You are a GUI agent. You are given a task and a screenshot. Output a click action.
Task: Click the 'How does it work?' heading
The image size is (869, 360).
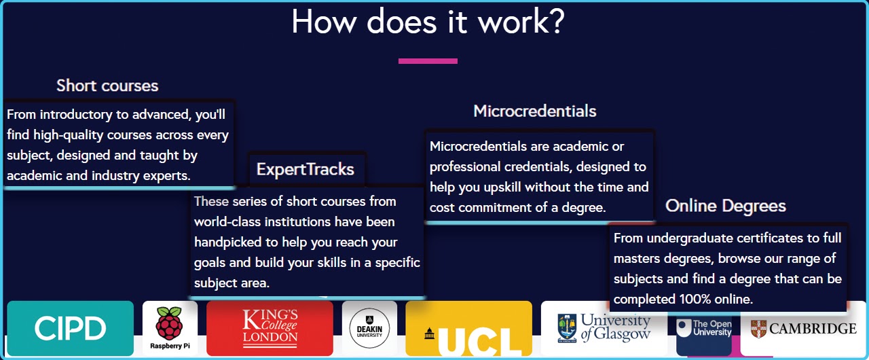pyautogui.click(x=428, y=22)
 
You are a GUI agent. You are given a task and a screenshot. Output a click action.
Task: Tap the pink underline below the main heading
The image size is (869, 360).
pyautogui.click(x=428, y=61)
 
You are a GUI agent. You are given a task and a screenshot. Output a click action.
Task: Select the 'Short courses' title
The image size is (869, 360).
pyautogui.click(x=107, y=86)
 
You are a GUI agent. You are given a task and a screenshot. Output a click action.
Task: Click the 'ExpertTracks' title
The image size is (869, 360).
pyautogui.click(x=306, y=168)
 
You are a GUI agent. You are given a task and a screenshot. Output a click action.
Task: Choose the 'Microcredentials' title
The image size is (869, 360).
pyautogui.click(x=535, y=111)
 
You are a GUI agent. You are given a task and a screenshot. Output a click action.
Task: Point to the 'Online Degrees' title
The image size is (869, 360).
pyautogui.click(x=726, y=206)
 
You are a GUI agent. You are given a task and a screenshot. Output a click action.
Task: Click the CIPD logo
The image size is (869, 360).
pyautogui.click(x=71, y=329)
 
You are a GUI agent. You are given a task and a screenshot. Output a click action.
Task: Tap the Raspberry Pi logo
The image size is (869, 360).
pyautogui.click(x=170, y=329)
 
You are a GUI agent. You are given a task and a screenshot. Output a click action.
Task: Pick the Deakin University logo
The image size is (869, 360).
pyautogui.click(x=369, y=329)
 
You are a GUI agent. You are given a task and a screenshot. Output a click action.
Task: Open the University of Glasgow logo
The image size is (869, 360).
pyautogui.click(x=604, y=327)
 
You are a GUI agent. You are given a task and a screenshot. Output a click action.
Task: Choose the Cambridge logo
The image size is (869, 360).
pyautogui.click(x=803, y=329)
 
